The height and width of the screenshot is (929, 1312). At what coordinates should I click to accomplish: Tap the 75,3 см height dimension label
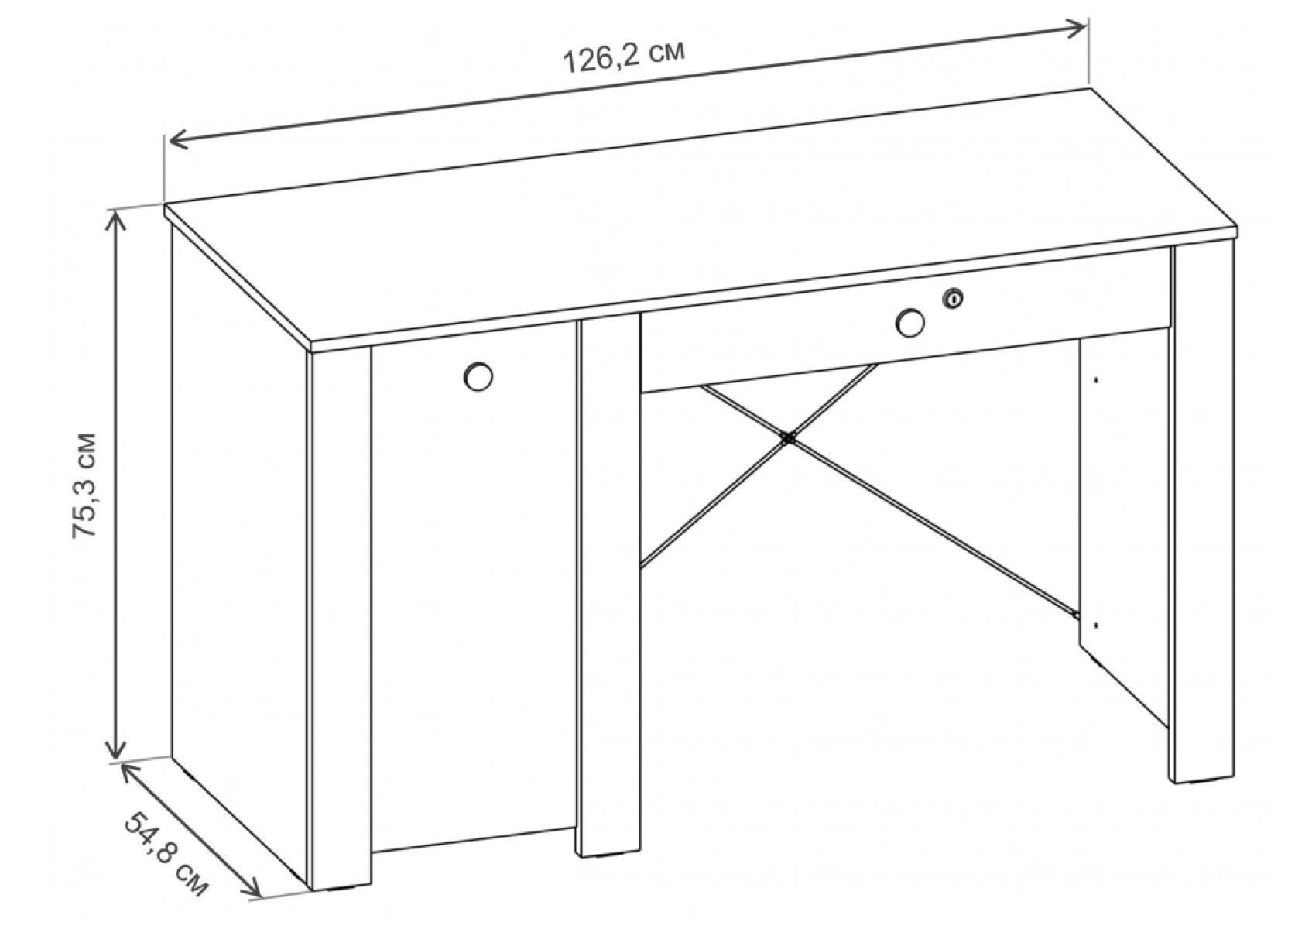click(x=84, y=485)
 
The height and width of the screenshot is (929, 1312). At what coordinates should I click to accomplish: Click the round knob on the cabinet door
click(x=478, y=376)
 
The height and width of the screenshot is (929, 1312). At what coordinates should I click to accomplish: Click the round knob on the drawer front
click(x=910, y=323)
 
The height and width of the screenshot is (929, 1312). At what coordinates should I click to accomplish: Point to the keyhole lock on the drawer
click(x=953, y=299)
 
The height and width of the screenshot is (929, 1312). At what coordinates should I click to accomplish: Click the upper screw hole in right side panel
click(x=1096, y=380)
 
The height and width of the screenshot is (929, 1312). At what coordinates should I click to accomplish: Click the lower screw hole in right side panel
click(x=1096, y=625)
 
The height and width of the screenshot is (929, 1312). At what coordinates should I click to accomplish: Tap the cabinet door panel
click(x=473, y=586)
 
